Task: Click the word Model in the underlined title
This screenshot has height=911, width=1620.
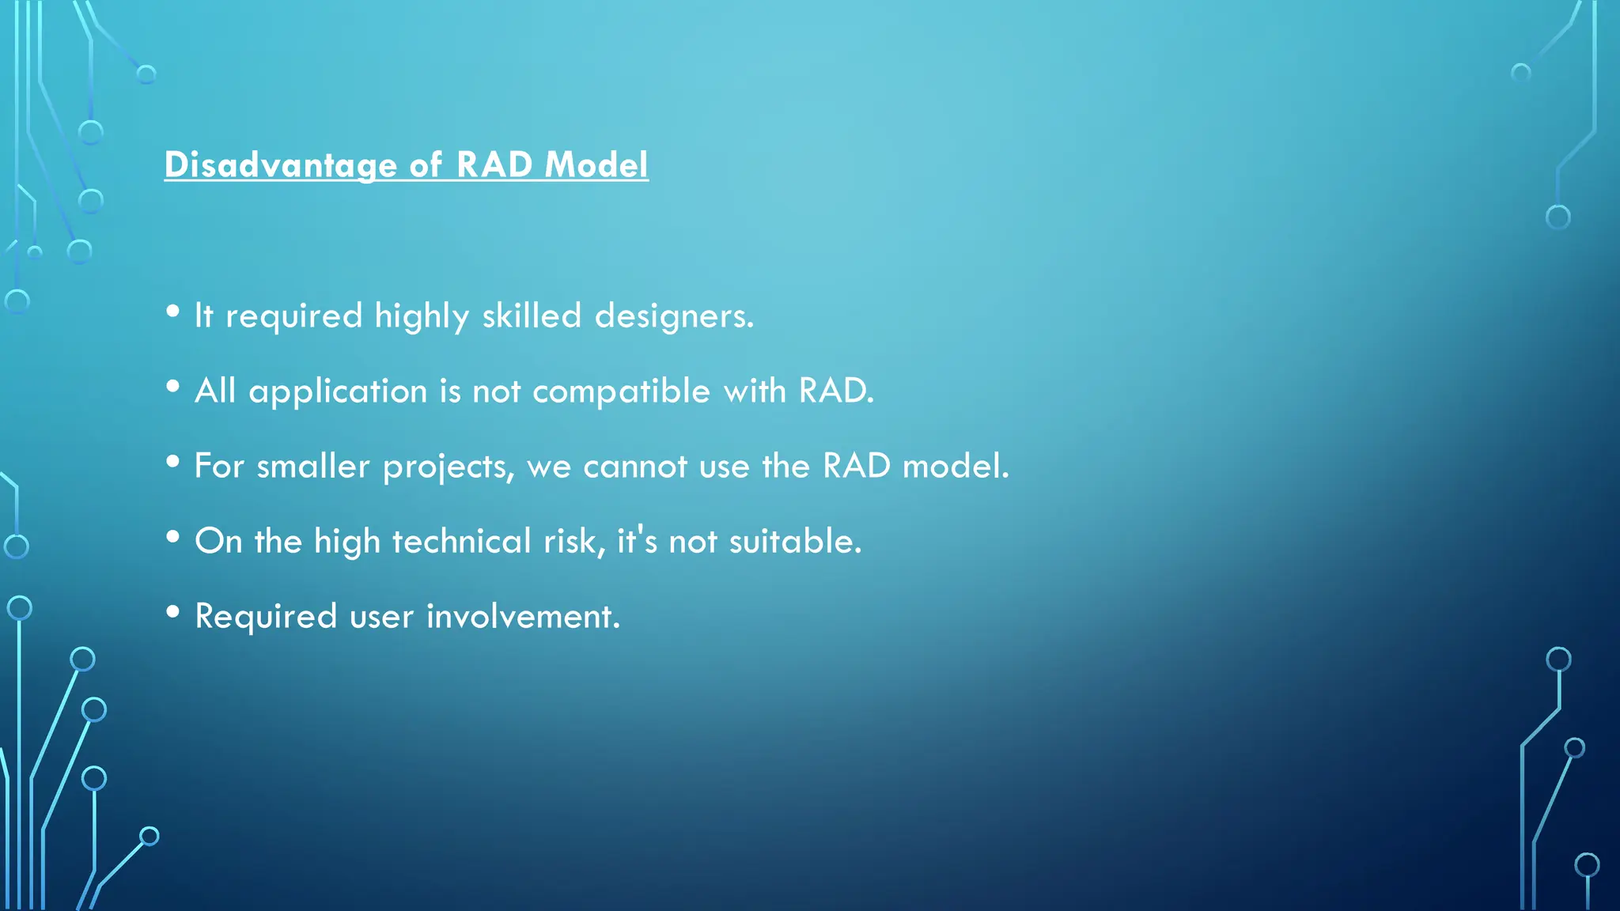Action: [596, 165]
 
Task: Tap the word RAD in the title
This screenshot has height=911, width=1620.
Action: [494, 165]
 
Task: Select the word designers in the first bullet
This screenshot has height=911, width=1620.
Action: [673, 316]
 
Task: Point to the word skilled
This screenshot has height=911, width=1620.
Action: [532, 316]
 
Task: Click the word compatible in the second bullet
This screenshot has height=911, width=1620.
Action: [621, 391]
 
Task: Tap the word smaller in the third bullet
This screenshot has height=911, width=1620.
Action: [312, 467]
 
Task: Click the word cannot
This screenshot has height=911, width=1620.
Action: [634, 467]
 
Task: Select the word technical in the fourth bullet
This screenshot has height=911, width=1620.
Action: [461, 542]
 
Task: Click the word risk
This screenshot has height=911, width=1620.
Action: [573, 542]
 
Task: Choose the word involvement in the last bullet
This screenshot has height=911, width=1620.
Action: [523, 617]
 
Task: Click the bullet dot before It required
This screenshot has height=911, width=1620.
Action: [173, 312]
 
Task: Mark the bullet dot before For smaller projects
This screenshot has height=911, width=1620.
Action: [173, 462]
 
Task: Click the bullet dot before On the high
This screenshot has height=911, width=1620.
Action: [173, 537]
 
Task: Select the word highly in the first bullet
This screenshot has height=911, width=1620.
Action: [422, 317]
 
